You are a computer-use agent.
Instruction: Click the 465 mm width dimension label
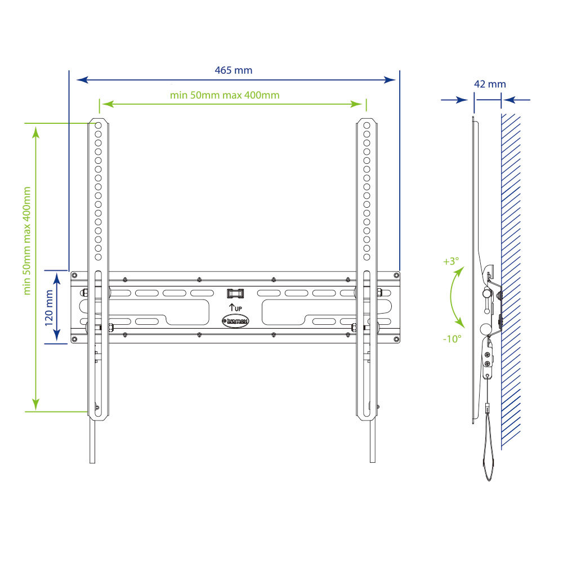234,70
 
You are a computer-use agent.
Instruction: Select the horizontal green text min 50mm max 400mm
225,95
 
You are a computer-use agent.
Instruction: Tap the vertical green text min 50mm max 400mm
26,240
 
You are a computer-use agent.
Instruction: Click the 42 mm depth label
490,84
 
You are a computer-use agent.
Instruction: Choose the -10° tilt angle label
452,339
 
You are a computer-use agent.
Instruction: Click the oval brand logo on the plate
236,321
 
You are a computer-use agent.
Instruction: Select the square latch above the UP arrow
235,293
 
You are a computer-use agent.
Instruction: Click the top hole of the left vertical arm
98,125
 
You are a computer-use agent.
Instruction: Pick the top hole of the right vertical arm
367,125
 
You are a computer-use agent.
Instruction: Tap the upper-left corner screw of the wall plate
74,275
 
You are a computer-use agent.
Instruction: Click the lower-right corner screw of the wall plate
396,338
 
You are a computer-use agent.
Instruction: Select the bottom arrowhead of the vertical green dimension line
35,404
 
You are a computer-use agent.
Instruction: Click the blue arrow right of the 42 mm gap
516,100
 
